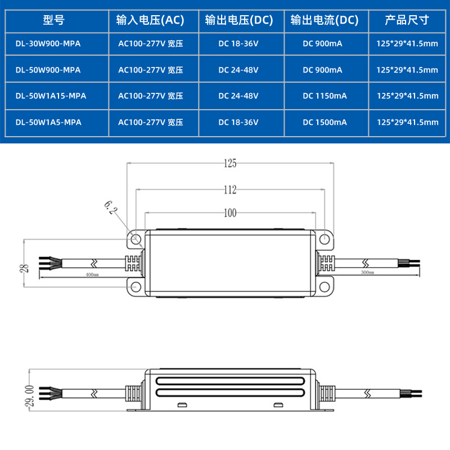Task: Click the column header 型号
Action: [x=54, y=21]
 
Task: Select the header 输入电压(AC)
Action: [x=150, y=21]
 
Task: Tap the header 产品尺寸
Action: [x=407, y=21]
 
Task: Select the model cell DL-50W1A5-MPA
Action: [x=48, y=122]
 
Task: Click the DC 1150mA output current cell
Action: [x=325, y=96]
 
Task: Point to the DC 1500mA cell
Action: [x=325, y=122]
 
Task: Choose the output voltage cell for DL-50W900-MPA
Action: [x=238, y=70]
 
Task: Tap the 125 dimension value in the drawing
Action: [x=229, y=164]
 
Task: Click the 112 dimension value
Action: [x=229, y=190]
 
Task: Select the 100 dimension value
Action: [x=229, y=213]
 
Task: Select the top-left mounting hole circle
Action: [x=136, y=239]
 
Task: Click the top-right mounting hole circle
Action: [x=324, y=239]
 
